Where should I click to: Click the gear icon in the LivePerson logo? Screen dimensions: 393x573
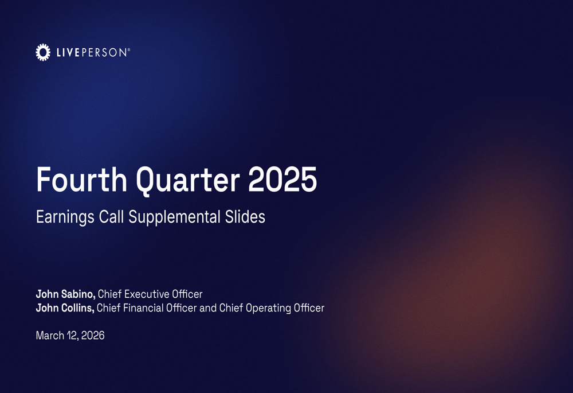[42, 52]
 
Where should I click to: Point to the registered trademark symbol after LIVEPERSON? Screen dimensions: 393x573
[129, 50]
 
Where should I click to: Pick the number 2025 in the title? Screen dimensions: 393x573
[282, 180]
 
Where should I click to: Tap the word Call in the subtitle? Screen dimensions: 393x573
[109, 217]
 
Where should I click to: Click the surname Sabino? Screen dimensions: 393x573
[79, 294]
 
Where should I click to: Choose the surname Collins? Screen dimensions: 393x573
[78, 308]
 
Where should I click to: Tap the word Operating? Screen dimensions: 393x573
[269, 308]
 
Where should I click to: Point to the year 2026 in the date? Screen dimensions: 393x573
[93, 335]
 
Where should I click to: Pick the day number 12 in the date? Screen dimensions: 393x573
[72, 335]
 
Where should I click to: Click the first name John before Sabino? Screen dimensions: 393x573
[46, 294]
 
